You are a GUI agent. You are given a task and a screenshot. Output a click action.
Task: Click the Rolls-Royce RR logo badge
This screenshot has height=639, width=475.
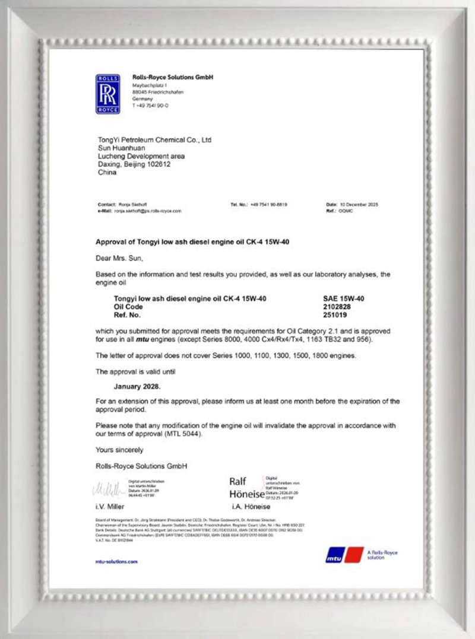click(107, 94)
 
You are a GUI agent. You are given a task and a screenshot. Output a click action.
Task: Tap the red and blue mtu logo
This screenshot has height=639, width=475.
click(344, 554)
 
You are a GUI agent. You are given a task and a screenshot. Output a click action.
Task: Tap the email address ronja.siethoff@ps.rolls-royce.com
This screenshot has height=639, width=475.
click(148, 211)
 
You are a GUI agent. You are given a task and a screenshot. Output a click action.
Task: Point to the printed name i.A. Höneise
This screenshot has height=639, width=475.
click(251, 507)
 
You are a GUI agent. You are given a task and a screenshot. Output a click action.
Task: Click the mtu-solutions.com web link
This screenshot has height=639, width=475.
click(116, 561)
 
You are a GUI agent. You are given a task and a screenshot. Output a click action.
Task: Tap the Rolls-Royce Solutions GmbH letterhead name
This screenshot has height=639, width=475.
click(172, 78)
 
